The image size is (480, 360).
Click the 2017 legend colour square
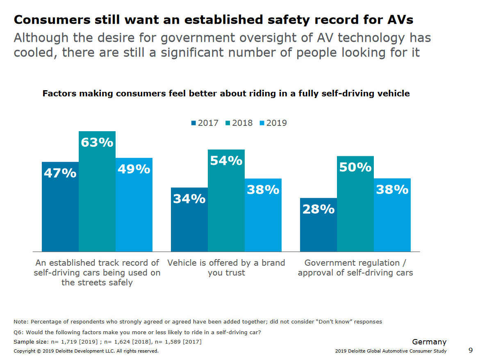click(x=193, y=123)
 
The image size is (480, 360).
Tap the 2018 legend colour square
click(x=228, y=123)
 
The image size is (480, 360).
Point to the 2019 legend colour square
click(x=262, y=123)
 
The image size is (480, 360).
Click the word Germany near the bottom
click(x=429, y=342)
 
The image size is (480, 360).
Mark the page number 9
click(x=470, y=350)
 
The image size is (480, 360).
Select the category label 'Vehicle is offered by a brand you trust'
click(x=226, y=267)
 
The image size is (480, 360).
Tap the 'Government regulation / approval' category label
click(x=355, y=267)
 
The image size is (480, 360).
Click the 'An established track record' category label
click(x=97, y=272)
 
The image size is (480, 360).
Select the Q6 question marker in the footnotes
click(x=18, y=333)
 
